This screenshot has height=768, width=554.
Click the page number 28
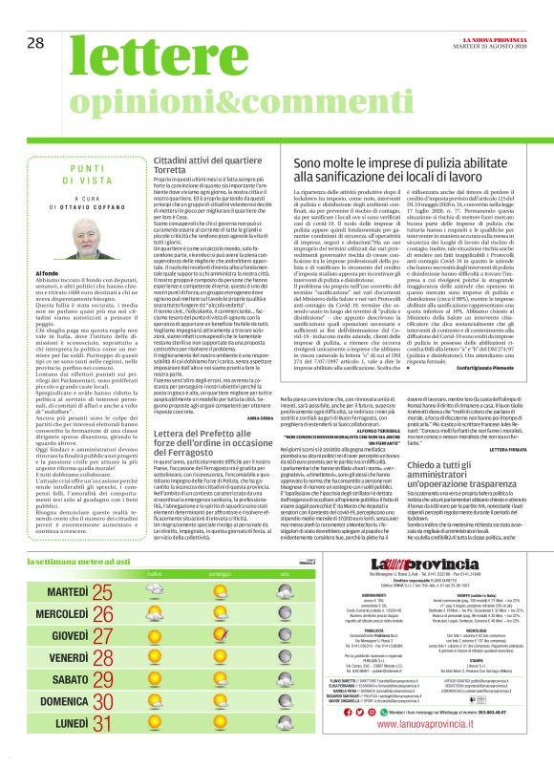click(36, 15)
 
